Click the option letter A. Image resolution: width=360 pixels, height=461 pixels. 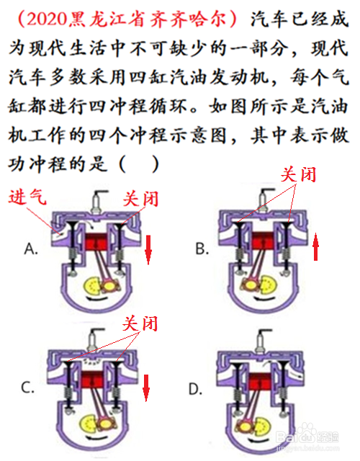click(x=31, y=249)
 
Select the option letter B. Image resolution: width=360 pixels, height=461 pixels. click(x=202, y=249)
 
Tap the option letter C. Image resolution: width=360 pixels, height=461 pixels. click(x=28, y=388)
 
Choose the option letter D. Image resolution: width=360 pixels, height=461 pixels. click(x=195, y=390)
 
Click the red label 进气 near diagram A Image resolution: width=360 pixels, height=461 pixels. click(x=27, y=197)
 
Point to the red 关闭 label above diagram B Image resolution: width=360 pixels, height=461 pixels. click(x=298, y=175)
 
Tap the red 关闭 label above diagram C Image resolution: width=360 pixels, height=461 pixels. click(x=140, y=323)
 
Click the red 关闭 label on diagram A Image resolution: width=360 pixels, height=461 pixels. click(x=141, y=199)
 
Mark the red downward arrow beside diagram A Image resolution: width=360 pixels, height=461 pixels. click(x=148, y=250)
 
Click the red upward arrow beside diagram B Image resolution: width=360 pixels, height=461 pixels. click(x=315, y=246)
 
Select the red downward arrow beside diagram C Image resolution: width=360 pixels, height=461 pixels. click(x=146, y=388)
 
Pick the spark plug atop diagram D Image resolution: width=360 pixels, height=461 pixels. click(x=261, y=341)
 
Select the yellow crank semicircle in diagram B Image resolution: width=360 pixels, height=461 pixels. click(x=269, y=285)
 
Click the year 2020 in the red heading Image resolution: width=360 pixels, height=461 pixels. click(x=47, y=19)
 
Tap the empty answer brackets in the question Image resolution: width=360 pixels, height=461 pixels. click(x=139, y=164)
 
